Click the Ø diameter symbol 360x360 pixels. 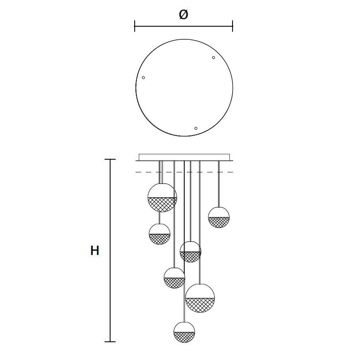[183, 15]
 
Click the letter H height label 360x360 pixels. [95, 251]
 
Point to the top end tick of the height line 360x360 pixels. [110, 160]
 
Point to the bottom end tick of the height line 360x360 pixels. [110, 341]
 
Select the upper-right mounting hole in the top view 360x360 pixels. [213, 58]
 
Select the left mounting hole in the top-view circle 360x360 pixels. [144, 78]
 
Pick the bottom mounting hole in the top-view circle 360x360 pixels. [196, 128]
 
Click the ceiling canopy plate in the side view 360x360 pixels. [184, 157]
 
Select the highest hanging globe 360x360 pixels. [162, 197]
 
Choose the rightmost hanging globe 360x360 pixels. [219, 217]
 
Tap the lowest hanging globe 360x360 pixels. [185, 332]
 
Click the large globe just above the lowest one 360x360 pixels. [200, 298]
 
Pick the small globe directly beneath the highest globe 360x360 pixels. [160, 234]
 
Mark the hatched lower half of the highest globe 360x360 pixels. [162, 205]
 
